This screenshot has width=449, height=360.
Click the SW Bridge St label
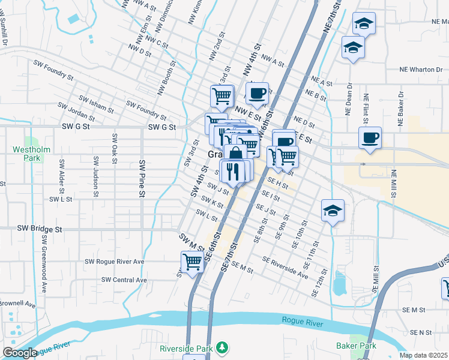(40, 229)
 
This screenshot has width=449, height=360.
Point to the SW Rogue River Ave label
(114, 262)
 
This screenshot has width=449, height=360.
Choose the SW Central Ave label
(124, 280)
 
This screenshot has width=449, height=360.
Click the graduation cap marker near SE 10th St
(333, 211)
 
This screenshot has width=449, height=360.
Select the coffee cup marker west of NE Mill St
(370, 137)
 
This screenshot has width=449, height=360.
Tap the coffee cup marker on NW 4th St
(257, 93)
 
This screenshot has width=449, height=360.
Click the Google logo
(20, 353)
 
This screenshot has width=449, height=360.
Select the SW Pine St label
(142, 178)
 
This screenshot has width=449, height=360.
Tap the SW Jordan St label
(77, 114)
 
